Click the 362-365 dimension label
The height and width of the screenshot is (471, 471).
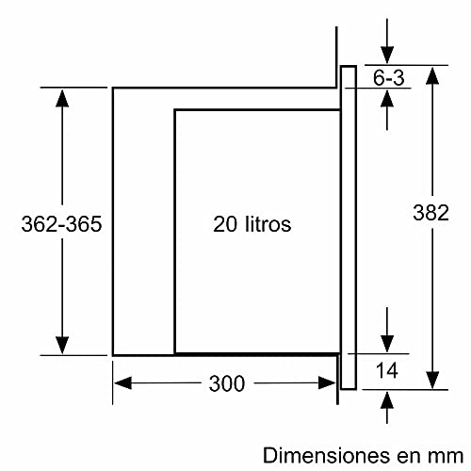[x=60, y=225]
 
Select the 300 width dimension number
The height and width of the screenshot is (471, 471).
[x=225, y=383]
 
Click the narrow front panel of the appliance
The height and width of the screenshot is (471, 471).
[x=348, y=226]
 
